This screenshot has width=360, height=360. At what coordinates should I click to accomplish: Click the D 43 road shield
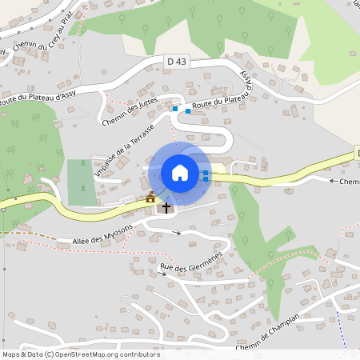coord(177,62)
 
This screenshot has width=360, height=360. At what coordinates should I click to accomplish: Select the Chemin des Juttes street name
coord(131,110)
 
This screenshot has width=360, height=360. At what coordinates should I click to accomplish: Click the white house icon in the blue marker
coord(180,172)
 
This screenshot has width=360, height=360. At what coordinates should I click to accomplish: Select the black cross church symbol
coord(166,207)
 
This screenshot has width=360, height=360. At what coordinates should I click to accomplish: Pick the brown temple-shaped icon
coord(150,197)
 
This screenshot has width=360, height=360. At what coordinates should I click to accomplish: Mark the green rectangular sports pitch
coord(79,181)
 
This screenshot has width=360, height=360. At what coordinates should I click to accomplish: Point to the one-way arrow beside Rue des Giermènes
coord(163,274)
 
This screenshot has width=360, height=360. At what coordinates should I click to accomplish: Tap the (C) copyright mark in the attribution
coord(50,354)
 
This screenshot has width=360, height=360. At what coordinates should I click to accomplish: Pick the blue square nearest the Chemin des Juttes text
coord(174,108)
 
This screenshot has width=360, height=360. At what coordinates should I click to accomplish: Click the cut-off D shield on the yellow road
coord(357,152)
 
